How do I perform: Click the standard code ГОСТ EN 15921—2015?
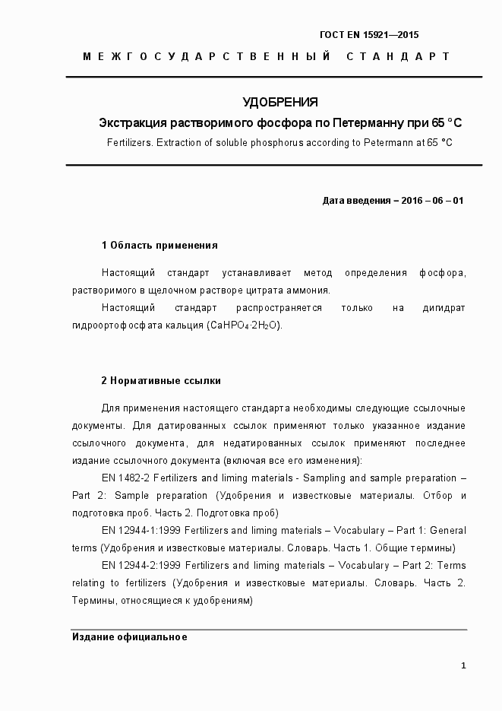pos(369,35)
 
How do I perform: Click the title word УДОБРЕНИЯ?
pos(279,102)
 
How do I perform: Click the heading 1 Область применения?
pos(159,246)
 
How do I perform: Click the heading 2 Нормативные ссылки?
pos(161,380)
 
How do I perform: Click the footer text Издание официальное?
pos(130,637)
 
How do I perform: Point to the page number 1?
pos(463,666)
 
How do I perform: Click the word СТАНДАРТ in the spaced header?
pos(399,56)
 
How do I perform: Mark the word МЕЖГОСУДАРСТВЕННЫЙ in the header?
pos(207,56)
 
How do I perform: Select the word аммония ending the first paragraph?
pos(309,290)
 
